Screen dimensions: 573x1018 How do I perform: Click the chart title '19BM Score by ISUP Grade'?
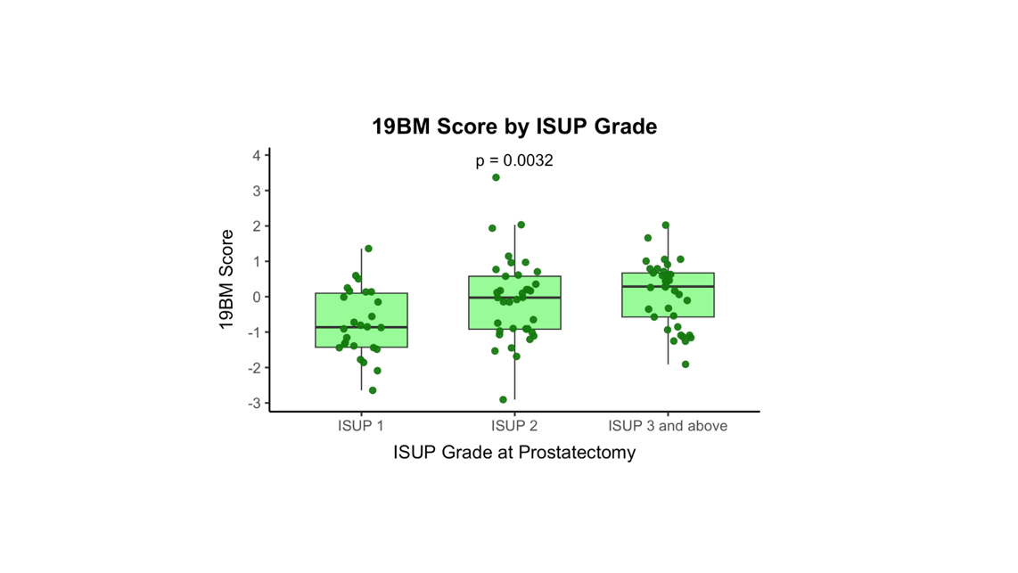tap(514, 127)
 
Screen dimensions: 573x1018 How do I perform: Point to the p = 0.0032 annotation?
tap(514, 161)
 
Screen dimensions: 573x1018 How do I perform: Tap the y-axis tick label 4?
tap(257, 156)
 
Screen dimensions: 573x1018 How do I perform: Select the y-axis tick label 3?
tap(257, 191)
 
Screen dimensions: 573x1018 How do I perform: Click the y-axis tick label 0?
tap(257, 298)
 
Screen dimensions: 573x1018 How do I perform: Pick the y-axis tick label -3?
tap(255, 404)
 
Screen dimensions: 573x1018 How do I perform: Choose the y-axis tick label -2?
tap(255, 368)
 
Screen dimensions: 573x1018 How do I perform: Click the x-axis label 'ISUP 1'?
tap(361, 426)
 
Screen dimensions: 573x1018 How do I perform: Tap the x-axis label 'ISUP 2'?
tap(514, 426)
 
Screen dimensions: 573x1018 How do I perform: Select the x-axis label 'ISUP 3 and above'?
tap(668, 426)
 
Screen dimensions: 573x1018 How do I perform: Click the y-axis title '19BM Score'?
tap(227, 280)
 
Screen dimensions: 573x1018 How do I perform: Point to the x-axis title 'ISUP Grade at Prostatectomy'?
tap(514, 453)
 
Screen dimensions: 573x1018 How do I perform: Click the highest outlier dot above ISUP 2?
tap(497, 178)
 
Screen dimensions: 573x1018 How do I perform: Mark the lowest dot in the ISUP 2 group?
tap(504, 400)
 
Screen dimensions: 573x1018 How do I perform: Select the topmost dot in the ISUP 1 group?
tap(368, 249)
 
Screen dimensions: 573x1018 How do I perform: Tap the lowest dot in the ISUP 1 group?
tap(373, 390)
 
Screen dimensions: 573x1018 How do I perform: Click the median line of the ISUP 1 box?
tap(361, 327)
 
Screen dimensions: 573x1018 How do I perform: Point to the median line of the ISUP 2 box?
tap(514, 298)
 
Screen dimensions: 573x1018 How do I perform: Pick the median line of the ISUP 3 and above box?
tap(668, 287)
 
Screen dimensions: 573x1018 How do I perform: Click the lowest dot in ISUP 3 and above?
tap(686, 364)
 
